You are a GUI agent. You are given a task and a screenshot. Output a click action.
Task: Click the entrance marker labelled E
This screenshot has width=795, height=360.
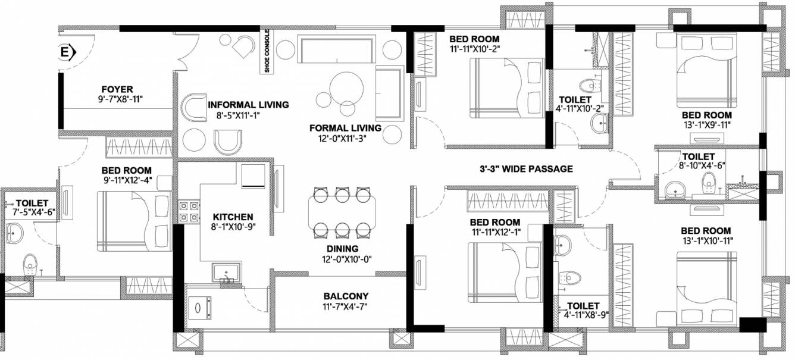coord(65,54)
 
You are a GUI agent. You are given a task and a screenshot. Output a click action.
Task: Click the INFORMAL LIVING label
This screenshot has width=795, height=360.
coord(248,105)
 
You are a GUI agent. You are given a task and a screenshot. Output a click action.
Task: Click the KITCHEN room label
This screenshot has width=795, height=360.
coord(233,217)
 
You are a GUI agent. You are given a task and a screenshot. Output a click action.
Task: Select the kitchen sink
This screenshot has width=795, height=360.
coord(226,273)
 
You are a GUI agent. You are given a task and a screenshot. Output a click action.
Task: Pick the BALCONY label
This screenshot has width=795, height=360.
coord(346,296)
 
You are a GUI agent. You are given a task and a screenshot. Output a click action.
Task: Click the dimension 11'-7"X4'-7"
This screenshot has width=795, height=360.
coord(346,306)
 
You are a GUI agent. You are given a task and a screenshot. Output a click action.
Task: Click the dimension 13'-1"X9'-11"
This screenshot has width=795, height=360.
coord(707,125)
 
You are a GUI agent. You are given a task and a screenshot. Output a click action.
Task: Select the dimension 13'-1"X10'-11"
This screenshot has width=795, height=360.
coord(706,241)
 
